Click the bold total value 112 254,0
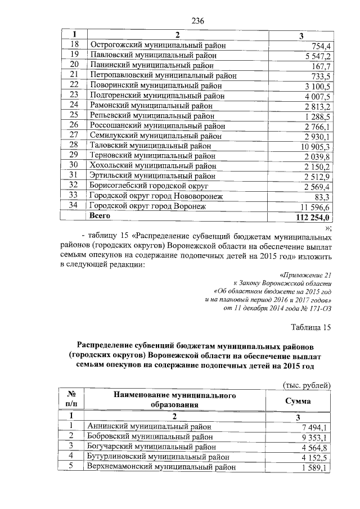(x=315, y=217)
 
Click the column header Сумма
(x=298, y=402)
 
